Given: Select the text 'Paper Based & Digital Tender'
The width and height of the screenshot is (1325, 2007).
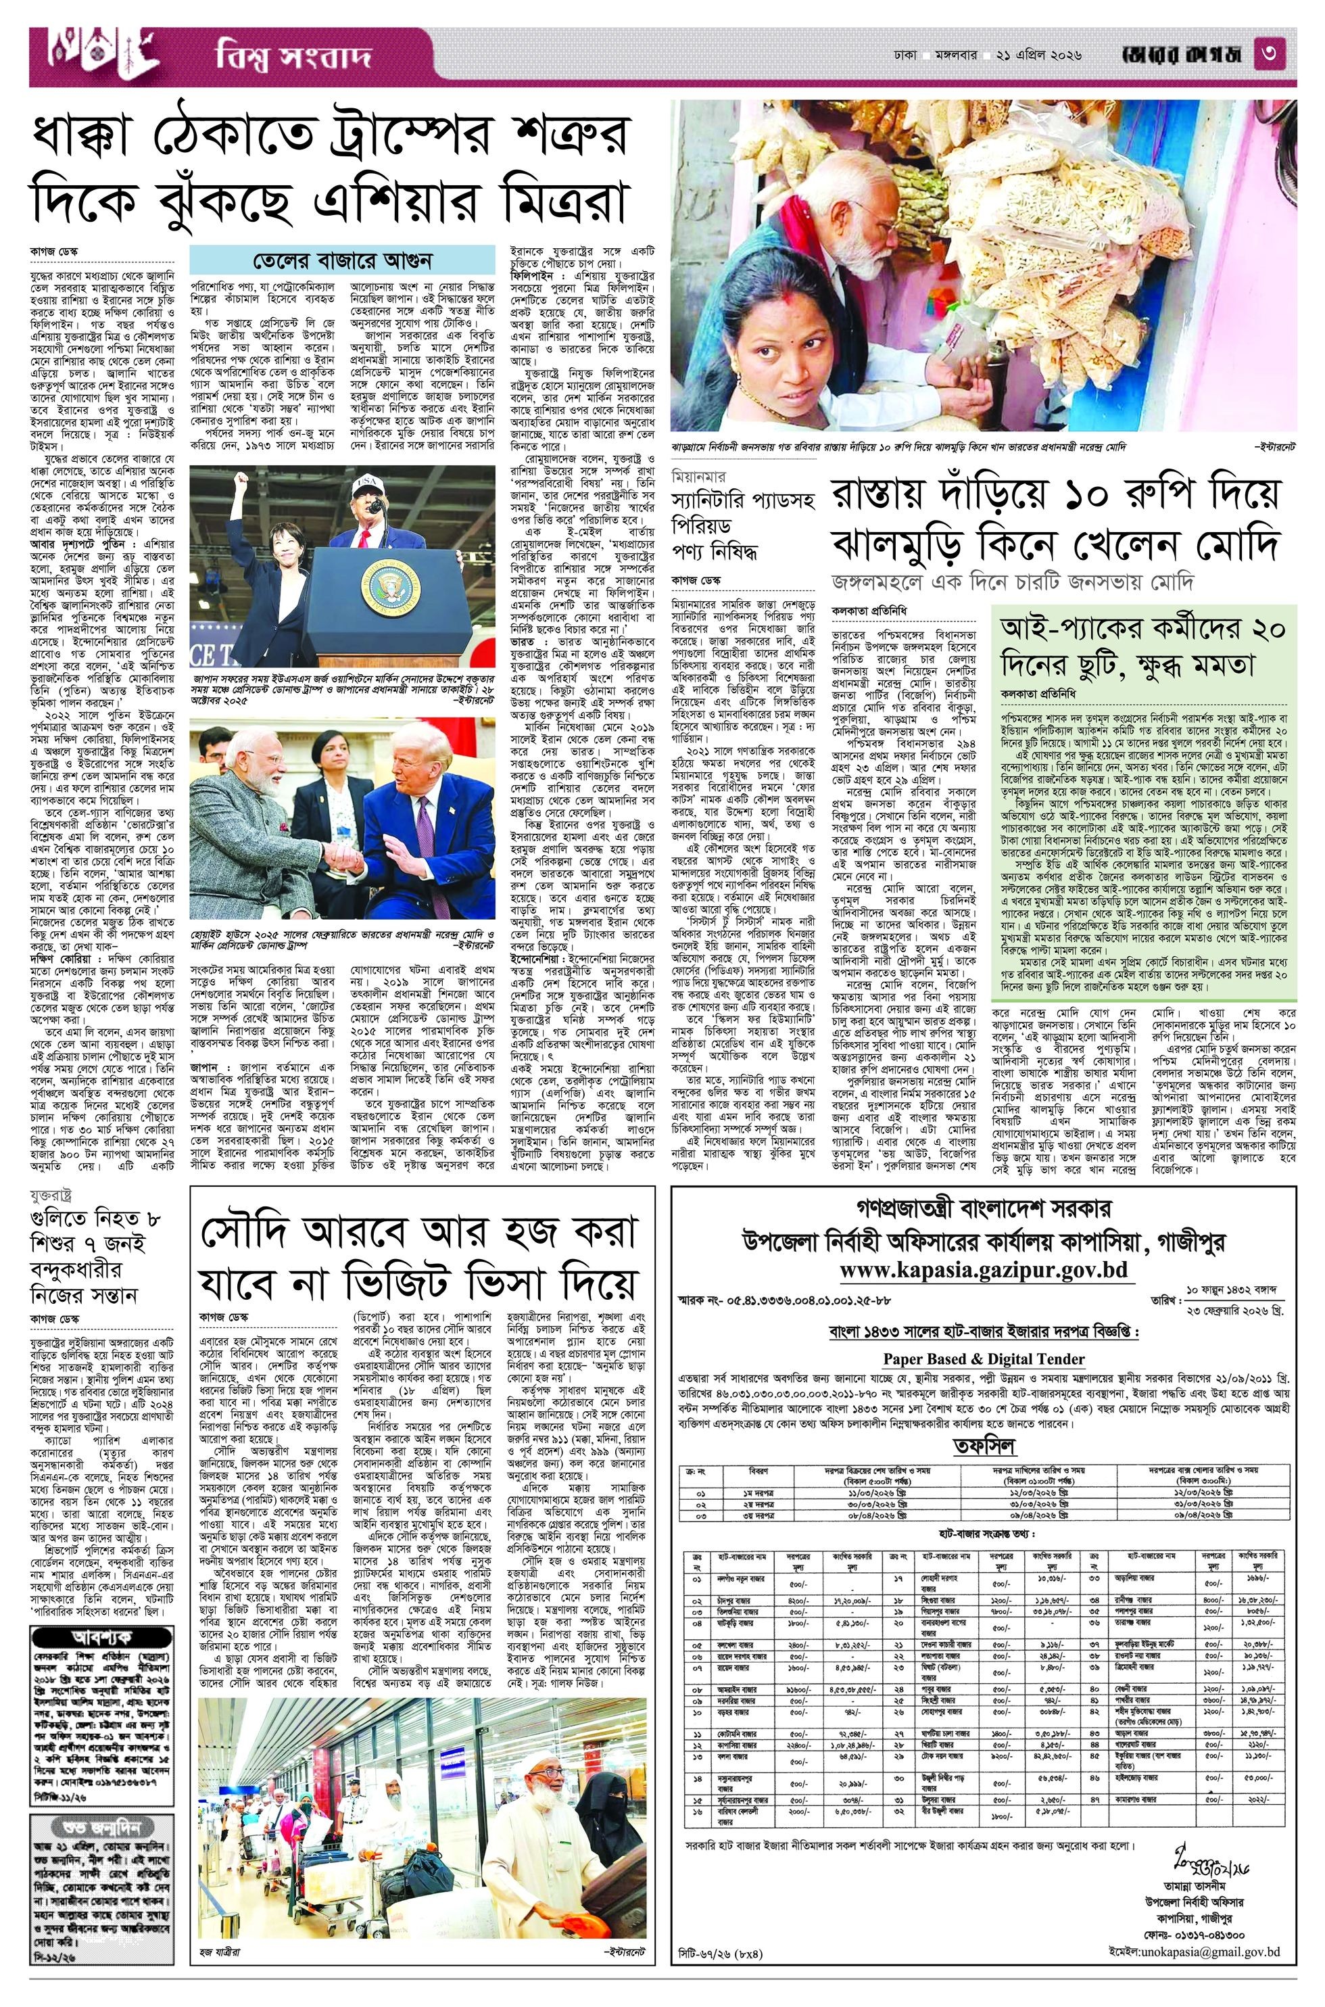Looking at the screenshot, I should click(x=984, y=1359).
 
